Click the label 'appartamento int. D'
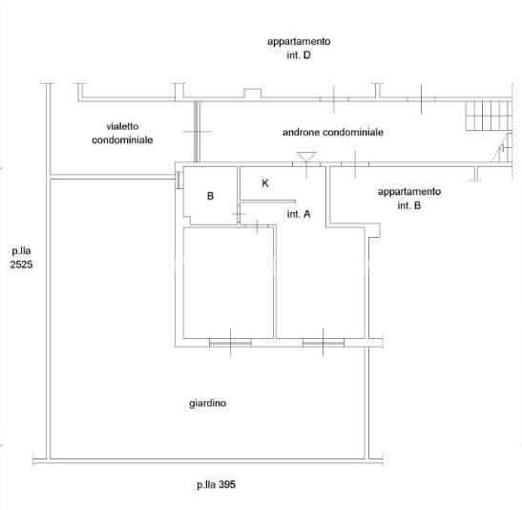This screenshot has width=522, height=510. [x=299, y=48]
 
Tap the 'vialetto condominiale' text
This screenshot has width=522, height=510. [x=122, y=133]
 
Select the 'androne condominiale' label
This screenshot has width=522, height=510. [x=333, y=132]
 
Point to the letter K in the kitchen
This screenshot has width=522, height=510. [x=265, y=182]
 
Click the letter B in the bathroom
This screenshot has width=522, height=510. [x=210, y=196]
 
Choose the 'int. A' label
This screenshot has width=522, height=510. [x=299, y=214]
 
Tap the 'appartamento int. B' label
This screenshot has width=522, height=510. [x=409, y=199]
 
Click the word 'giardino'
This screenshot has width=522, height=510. [x=207, y=403]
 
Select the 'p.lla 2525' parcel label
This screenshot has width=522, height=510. [x=21, y=258]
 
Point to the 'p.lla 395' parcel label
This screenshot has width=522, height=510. [x=216, y=484]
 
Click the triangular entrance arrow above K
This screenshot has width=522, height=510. [x=306, y=157]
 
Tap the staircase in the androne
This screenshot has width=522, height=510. [x=489, y=116]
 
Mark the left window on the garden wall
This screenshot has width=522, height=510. [x=230, y=343]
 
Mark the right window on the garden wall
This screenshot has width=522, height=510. [x=323, y=343]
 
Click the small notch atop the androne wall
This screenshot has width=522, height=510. [x=253, y=94]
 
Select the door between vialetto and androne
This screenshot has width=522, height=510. [x=197, y=132]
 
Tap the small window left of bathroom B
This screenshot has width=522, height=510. [x=178, y=180]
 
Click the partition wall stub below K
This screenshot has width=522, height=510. [x=267, y=202]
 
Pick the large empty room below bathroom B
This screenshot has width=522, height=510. [x=228, y=283]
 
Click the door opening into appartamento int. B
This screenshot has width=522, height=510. [x=355, y=164]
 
